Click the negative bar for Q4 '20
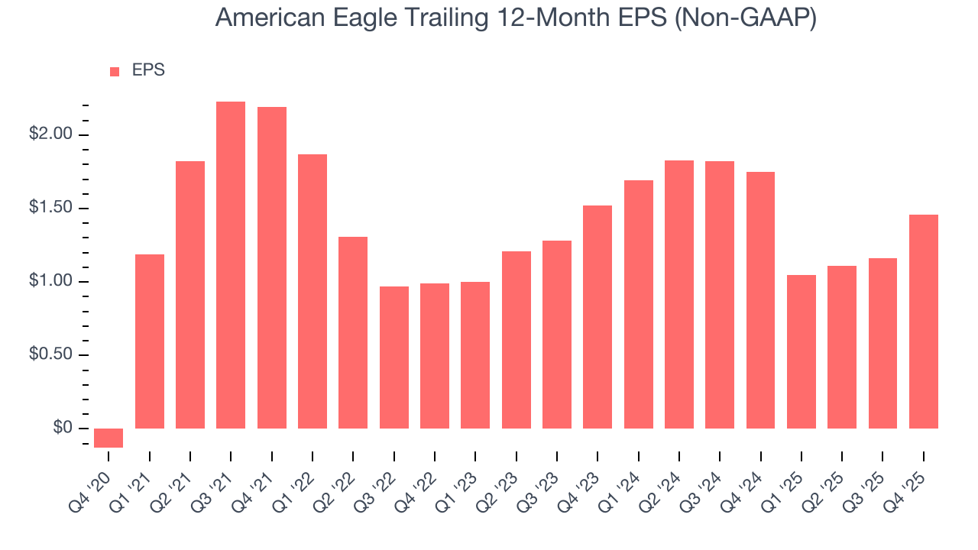click(x=108, y=438)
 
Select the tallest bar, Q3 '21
click(x=231, y=265)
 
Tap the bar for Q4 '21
click(x=272, y=267)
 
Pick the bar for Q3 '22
click(x=394, y=357)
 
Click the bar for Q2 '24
click(x=679, y=294)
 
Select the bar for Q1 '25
click(x=802, y=351)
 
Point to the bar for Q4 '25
click(x=924, y=322)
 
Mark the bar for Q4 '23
click(x=597, y=317)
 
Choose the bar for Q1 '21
click(x=150, y=341)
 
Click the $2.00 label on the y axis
click(x=51, y=135)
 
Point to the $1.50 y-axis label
click(x=51, y=209)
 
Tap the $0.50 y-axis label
click(x=51, y=355)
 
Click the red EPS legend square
click(x=115, y=72)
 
